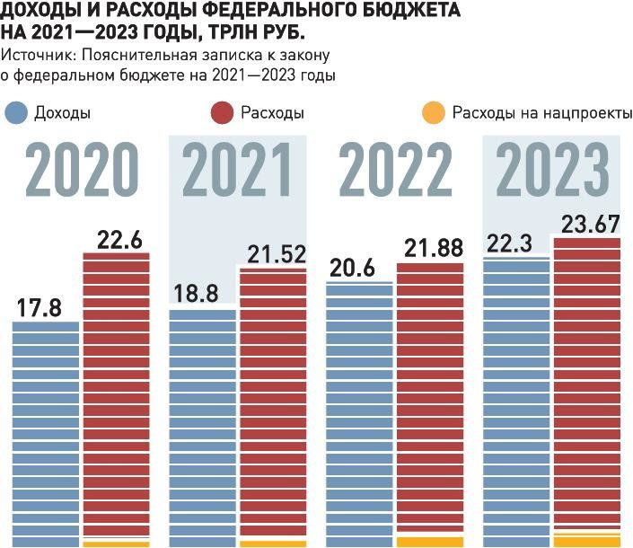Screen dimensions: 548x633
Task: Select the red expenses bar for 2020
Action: pyautogui.click(x=116, y=395)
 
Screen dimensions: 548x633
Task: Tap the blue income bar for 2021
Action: pyautogui.click(x=202, y=427)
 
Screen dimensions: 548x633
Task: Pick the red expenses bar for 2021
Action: pyautogui.click(x=273, y=404)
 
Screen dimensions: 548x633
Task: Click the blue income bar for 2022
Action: pyautogui.click(x=359, y=413)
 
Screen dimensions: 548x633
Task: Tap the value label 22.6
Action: pyautogui.click(x=120, y=239)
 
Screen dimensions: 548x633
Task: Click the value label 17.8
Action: pyautogui.click(x=39, y=307)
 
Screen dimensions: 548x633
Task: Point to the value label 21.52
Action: pyautogui.click(x=275, y=253)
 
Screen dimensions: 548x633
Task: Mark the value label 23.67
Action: pyautogui.click(x=589, y=223)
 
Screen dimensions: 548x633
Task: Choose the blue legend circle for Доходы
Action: pyautogui.click(x=16, y=113)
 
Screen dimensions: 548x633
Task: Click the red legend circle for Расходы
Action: pyautogui.click(x=222, y=113)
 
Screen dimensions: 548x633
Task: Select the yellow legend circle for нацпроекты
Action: pyautogui.click(x=434, y=113)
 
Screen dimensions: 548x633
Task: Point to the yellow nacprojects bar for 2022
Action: pyautogui.click(x=430, y=542)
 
